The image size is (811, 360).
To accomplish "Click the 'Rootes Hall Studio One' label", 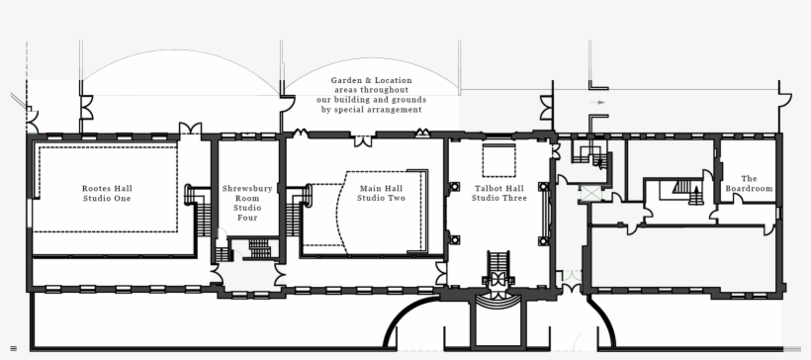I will pyautogui.click(x=107, y=193).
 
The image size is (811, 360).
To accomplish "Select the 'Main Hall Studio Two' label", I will pyautogui.click(x=381, y=193).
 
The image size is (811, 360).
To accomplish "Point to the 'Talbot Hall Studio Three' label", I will pyautogui.click(x=497, y=193).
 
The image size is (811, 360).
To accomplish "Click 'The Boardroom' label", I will pyautogui.click(x=749, y=183).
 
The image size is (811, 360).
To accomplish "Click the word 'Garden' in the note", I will pyautogui.click(x=347, y=80).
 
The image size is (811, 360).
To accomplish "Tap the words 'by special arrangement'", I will pyautogui.click(x=371, y=110).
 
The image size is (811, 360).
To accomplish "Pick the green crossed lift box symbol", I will pyautogui.click(x=591, y=193).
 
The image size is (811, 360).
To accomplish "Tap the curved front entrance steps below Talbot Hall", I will pyautogui.click(x=497, y=296).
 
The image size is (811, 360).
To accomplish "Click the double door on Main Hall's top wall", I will pyautogui.click(x=364, y=140).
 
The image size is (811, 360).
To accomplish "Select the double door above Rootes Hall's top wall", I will pyautogui.click(x=190, y=130).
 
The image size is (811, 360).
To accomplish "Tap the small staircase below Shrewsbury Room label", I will pyautogui.click(x=258, y=248).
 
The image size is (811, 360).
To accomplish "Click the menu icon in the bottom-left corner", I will pyautogui.click(x=13, y=348).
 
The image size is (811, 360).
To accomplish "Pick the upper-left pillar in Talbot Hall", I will pyautogui.click(x=454, y=187).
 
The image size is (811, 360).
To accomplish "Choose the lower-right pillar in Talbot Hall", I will pyautogui.click(x=543, y=237).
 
